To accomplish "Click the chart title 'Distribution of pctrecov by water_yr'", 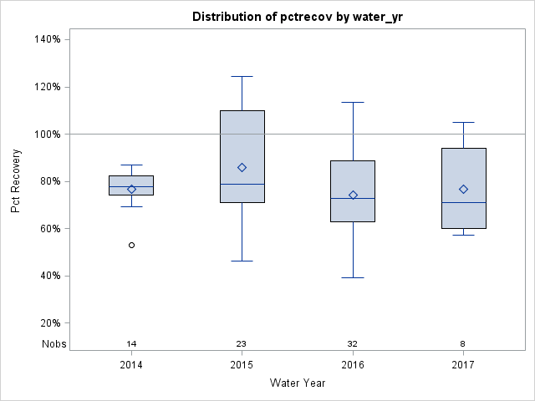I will tap(297, 17).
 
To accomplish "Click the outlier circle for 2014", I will tap(131, 245).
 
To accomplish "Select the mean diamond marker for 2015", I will tap(242, 167).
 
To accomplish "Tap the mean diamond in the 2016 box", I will tap(353, 195).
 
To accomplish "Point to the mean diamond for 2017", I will tap(463, 189).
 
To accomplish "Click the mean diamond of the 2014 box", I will tap(131, 189).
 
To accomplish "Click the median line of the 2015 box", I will tap(242, 184).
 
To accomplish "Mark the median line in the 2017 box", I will tap(463, 202).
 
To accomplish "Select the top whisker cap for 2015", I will tap(242, 76).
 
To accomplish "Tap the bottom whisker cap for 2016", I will tap(353, 277).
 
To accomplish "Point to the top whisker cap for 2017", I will tap(463, 122).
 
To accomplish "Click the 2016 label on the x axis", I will tap(353, 365).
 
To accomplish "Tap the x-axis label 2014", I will tap(131, 365).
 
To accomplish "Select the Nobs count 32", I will tap(353, 344).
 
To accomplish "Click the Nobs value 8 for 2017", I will tap(463, 344).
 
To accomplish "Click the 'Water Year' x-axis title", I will tap(297, 383).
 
